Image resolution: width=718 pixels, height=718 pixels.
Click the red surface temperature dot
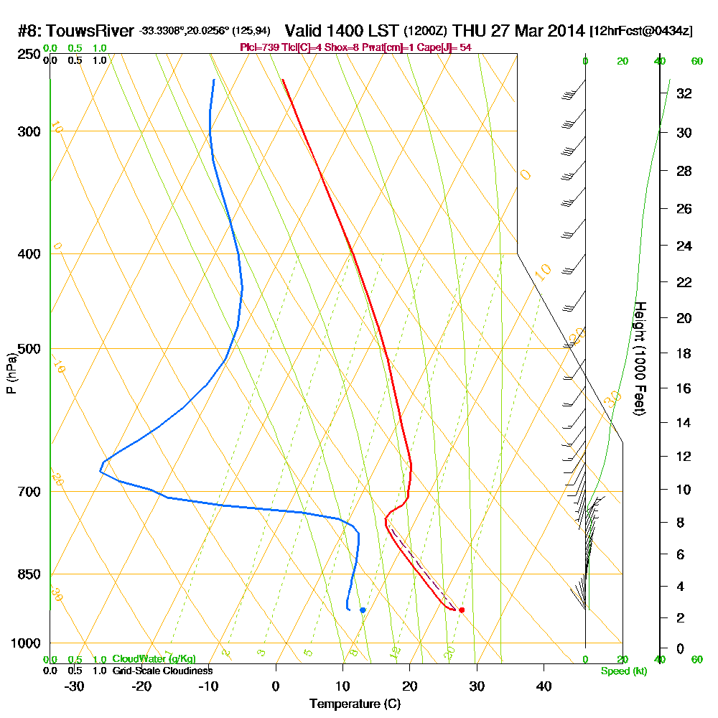[462, 610]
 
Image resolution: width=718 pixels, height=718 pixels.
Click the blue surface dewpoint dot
[363, 610]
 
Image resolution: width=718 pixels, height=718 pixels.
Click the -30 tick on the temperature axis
[75, 686]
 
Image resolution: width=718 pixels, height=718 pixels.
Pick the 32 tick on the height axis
[684, 93]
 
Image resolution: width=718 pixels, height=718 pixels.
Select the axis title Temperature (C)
[355, 704]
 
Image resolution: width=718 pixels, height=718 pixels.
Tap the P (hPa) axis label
[11, 373]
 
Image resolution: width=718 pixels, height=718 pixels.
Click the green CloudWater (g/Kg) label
[154, 659]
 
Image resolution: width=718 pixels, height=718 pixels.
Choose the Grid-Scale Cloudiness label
[162, 671]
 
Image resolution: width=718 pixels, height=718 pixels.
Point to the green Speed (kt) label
[623, 671]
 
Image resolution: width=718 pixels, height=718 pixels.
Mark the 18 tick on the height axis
[684, 353]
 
